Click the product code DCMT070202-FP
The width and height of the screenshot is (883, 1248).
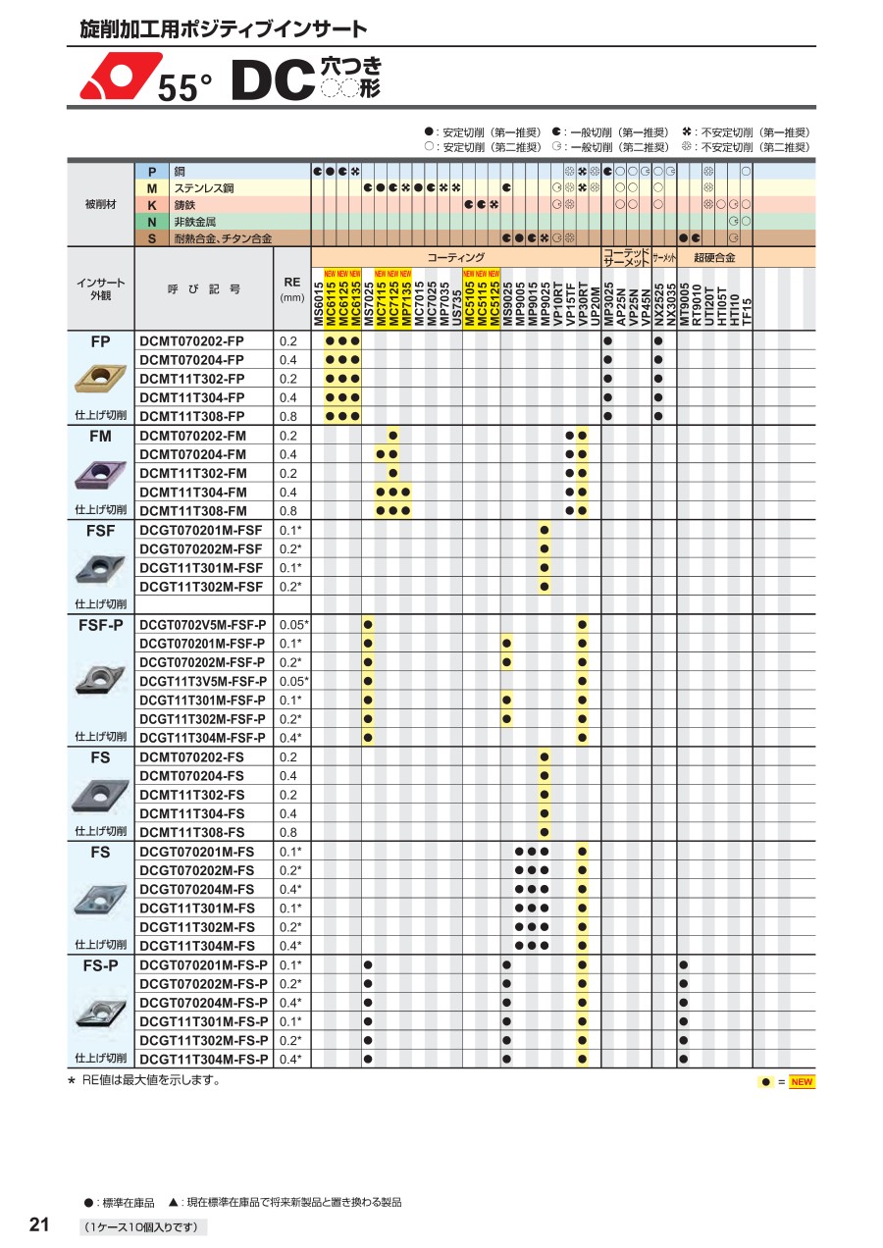pos(191,341)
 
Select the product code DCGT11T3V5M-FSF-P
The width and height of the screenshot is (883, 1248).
pos(202,681)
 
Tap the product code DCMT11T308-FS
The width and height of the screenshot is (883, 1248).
pos(191,832)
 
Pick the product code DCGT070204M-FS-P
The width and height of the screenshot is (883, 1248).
pos(203,1003)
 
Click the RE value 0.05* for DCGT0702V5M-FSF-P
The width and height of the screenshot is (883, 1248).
pos(292,625)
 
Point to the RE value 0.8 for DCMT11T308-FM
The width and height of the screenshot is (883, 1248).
pos(288,511)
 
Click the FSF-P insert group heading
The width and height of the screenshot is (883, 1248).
pos(100,625)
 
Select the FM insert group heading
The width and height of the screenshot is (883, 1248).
pos(100,436)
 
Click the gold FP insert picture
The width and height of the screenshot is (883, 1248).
pos(100,377)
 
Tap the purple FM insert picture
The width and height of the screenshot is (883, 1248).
pos(100,475)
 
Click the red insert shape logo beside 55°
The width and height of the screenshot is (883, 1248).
pos(119,76)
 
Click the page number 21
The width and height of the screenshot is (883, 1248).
pos(40,1224)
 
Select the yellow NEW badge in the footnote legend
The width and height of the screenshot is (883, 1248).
pos(802,1082)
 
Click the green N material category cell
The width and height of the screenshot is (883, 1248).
pos(152,222)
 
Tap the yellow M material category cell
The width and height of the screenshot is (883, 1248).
pos(152,187)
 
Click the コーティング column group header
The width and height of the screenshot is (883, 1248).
pos(455,257)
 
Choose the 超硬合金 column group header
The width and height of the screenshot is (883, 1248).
pos(714,257)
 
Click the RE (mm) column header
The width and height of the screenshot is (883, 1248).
pos(291,288)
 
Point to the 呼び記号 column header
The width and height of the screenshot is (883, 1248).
pos(203,289)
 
